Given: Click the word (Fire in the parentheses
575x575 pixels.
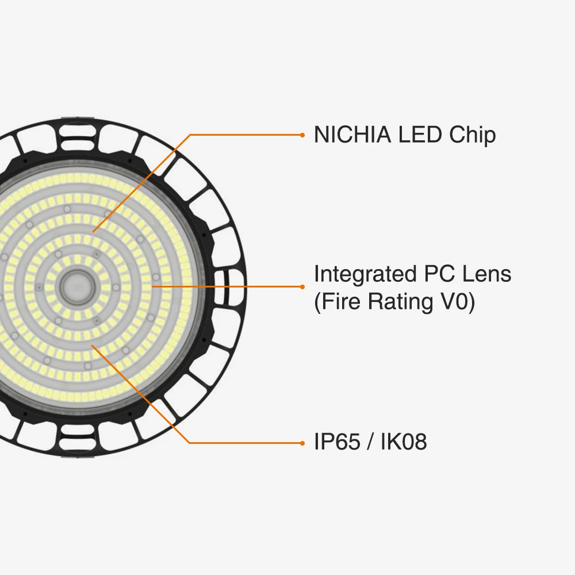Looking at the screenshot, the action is pyautogui.click(x=338, y=302).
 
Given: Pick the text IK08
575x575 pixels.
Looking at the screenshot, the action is pyautogui.click(x=404, y=442).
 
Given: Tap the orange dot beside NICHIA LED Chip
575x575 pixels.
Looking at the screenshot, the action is pyautogui.click(x=302, y=135).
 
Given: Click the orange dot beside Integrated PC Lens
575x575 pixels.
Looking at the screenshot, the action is pyautogui.click(x=302, y=286).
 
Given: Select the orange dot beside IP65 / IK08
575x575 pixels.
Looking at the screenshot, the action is pyautogui.click(x=302, y=443).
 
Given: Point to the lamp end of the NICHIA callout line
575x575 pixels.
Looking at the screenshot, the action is pyautogui.click(x=93, y=232).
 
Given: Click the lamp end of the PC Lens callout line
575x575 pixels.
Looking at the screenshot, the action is pyautogui.click(x=152, y=286).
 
